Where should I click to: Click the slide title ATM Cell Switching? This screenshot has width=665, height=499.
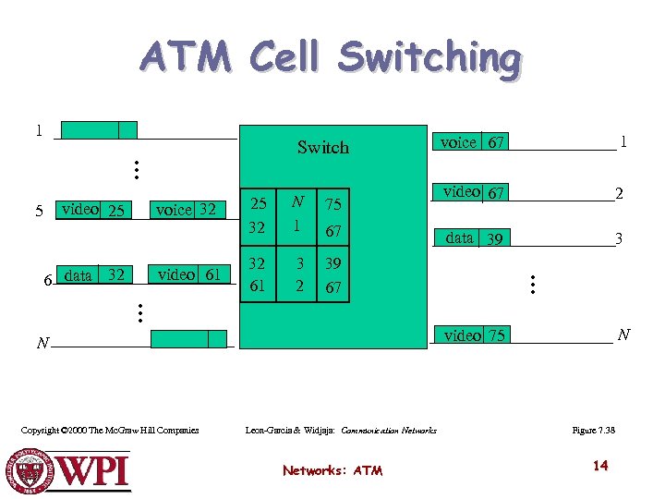[x=331, y=57]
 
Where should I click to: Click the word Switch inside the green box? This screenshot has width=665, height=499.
[x=323, y=147]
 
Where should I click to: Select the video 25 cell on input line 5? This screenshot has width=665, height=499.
[x=91, y=211]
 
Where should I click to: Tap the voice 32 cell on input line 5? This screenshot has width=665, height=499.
[x=186, y=210]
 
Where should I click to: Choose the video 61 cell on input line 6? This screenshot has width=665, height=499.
[x=188, y=274]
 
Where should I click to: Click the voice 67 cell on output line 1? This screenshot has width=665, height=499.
[x=471, y=141]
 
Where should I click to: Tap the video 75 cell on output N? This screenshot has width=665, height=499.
[x=474, y=335]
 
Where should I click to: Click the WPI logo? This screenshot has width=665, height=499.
[x=70, y=469]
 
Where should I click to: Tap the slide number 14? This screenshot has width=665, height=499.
[x=600, y=465]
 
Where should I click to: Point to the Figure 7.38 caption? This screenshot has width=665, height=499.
[x=594, y=430]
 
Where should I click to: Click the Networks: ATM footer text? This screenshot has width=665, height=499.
[x=332, y=470]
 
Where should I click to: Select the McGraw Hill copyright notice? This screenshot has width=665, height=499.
[x=110, y=430]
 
